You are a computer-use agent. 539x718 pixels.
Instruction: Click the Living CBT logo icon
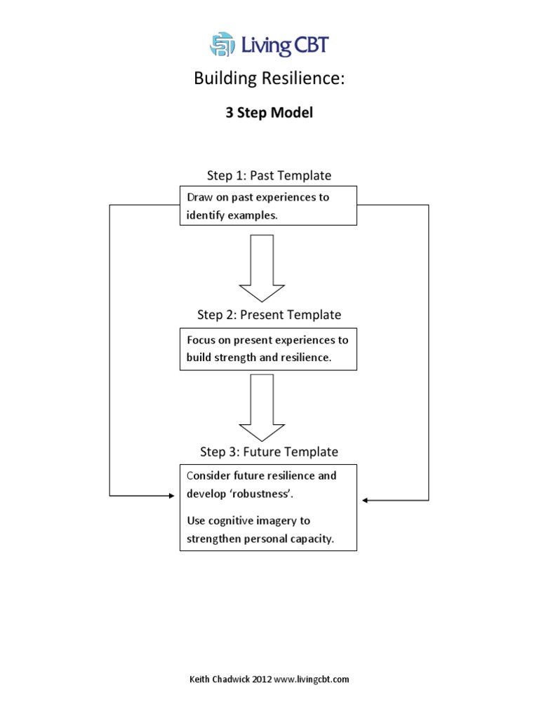[222, 44]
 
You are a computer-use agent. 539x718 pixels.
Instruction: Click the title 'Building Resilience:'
[269, 79]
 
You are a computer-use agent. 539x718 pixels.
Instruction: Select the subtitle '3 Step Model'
[269, 114]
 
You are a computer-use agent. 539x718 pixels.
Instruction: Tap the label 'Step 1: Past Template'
[269, 175]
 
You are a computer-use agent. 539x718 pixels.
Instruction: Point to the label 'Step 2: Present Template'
[269, 315]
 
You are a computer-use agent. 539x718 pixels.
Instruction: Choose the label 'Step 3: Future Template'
[269, 452]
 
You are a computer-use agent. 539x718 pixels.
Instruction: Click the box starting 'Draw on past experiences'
[268, 205]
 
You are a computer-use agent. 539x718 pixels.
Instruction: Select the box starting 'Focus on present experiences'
[268, 348]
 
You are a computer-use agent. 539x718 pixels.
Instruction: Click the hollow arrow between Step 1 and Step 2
[262, 267]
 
